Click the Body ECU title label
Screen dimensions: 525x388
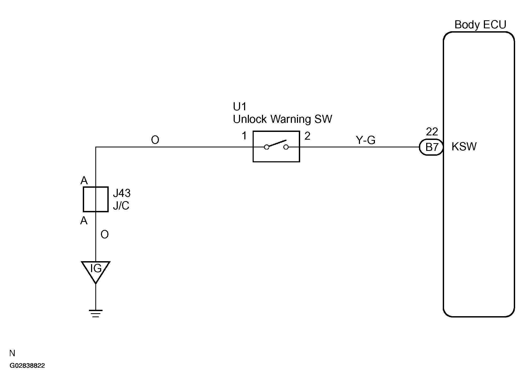pos(480,25)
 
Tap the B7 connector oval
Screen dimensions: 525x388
pos(431,147)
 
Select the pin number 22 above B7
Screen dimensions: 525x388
pos(432,132)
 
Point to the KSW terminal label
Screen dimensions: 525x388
pos(464,147)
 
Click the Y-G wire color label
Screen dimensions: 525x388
pos(366,140)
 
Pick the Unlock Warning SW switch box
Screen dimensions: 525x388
pos(276,146)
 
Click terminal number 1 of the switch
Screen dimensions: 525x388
pos(244,136)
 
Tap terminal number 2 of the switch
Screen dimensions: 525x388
pos(307,136)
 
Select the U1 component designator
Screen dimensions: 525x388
pos(240,107)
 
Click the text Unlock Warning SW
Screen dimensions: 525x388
pos(282,119)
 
